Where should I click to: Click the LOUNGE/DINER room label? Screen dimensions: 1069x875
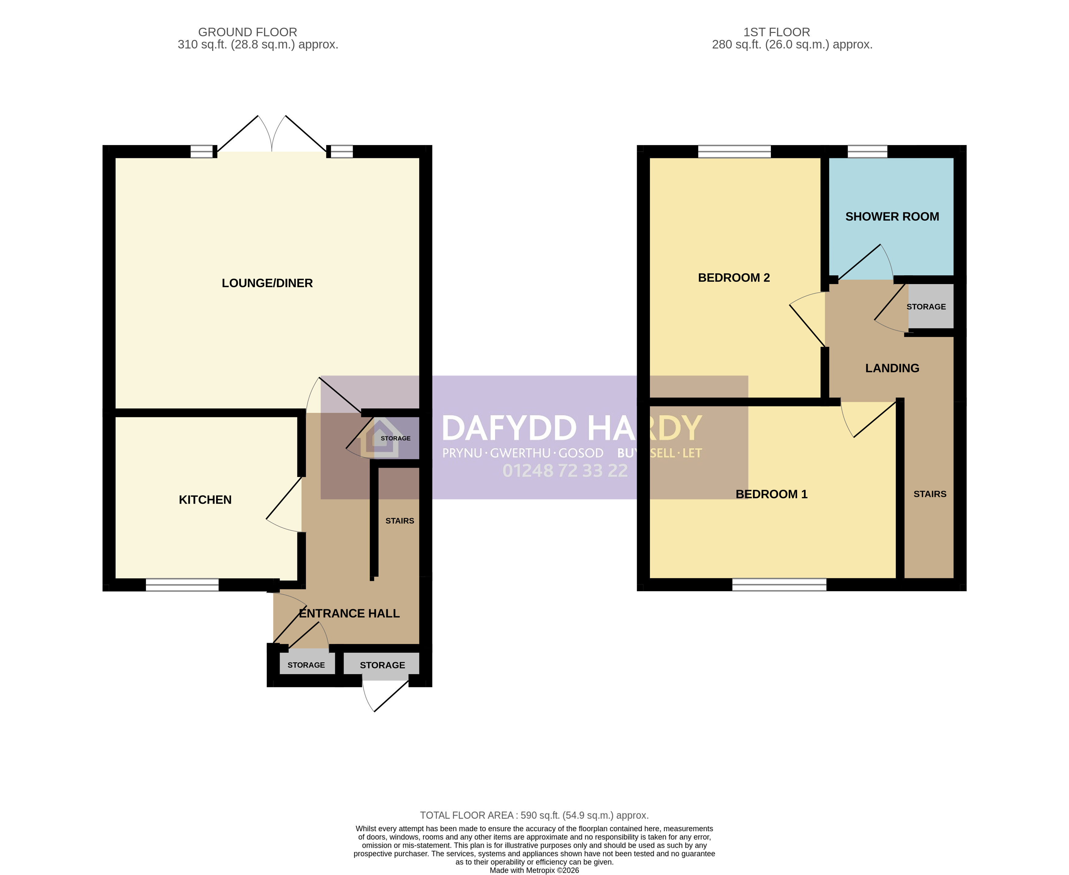(267, 283)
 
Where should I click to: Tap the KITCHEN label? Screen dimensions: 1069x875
(205, 500)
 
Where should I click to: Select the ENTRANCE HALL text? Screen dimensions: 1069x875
(349, 614)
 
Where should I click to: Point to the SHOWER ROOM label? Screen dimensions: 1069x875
(892, 217)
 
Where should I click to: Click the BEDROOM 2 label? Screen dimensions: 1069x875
(734, 278)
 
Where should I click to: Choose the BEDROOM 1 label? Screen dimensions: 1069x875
(771, 494)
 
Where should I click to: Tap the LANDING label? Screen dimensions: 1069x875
(892, 368)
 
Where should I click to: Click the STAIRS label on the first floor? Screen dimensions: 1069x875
(930, 494)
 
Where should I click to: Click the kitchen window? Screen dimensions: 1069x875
(183, 585)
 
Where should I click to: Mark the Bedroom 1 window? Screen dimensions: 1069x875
(779, 585)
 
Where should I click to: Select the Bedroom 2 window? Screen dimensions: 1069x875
(734, 151)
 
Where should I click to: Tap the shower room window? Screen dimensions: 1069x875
(868, 151)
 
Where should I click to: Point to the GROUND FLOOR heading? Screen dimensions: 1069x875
(248, 32)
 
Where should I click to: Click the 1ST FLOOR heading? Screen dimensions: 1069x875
(777, 32)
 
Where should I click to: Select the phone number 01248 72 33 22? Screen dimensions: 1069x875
(565, 471)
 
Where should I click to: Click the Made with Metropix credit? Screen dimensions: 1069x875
(534, 870)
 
